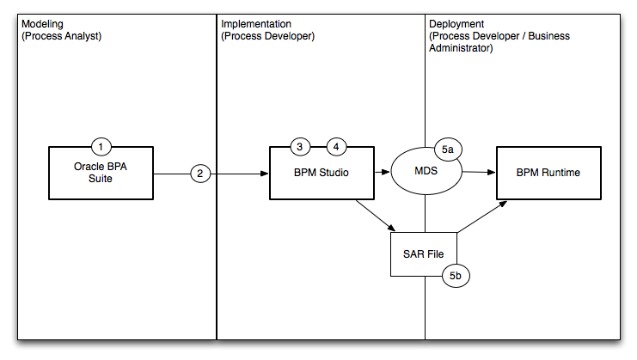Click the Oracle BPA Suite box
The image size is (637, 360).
coord(101,174)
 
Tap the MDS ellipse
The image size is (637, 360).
coord(426,173)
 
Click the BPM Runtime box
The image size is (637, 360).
coord(548,173)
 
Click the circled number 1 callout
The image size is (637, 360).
coord(101,146)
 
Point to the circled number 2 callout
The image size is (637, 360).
coord(200,174)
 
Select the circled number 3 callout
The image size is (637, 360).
coord(299,146)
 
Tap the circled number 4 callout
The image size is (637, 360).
coord(336,146)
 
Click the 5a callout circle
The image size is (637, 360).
coord(449,149)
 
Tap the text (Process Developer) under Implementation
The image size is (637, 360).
coord(268,37)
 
